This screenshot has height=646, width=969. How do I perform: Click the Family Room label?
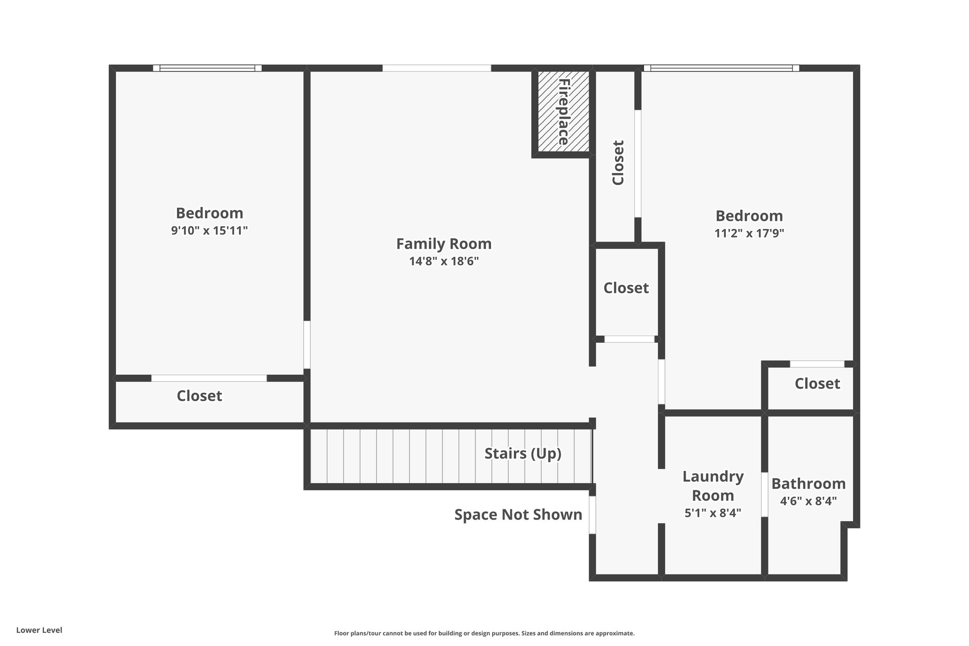444,244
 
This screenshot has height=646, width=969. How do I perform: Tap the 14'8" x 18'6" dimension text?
444,261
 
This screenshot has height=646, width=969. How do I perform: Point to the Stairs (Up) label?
523,453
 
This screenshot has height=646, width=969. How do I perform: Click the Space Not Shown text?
518,514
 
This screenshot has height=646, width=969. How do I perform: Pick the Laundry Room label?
713,486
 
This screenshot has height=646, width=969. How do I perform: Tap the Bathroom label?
809,484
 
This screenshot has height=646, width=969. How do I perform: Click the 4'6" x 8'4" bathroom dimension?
809,501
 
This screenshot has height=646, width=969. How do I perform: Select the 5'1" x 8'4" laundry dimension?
713,513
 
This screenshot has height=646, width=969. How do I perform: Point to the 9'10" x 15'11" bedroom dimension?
210,230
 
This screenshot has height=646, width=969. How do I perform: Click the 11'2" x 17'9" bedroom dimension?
749,233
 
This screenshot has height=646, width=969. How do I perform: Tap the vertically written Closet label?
618,162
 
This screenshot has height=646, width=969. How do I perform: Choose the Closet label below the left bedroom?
199,396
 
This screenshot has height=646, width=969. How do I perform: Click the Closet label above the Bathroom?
817,383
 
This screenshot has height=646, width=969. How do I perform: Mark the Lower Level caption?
39,630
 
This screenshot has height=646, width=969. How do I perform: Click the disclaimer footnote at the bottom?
484,633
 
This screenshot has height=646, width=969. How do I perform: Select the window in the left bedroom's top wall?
207,68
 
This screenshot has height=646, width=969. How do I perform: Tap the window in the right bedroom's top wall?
722,68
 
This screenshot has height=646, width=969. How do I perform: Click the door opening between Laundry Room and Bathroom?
764,495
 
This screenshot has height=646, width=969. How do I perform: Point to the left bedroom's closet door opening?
209,378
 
